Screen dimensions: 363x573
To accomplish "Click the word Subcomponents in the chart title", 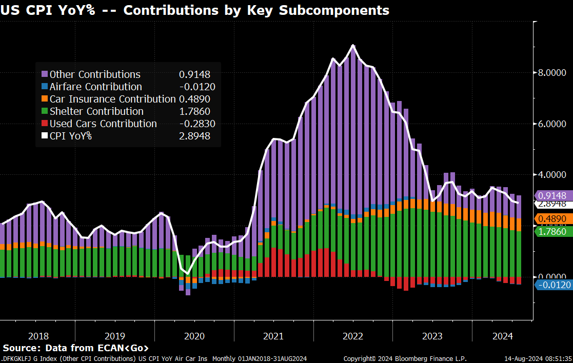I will point(336,10).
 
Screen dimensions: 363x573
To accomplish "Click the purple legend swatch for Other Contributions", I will point(45,74).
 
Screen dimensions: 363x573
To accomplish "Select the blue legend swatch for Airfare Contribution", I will point(45,87).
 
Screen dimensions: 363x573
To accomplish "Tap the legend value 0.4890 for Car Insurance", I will point(194,99).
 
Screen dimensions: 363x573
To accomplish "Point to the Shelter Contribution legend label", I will point(96,111).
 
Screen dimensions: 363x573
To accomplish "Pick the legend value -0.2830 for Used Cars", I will point(194,124).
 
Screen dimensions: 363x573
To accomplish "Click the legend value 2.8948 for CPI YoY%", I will point(194,136).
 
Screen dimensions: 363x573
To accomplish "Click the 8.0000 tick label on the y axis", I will point(552,73).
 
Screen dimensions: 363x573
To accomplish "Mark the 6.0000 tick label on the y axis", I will point(552,124).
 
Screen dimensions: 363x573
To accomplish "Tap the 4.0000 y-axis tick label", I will point(552,175).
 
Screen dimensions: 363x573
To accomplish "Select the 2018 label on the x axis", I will point(38,336).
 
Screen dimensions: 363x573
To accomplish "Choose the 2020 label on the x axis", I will point(194,336).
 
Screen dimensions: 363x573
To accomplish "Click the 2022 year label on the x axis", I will point(352,336).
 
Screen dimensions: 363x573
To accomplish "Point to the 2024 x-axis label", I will point(503,336).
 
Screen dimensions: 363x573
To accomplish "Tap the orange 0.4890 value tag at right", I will point(553,219).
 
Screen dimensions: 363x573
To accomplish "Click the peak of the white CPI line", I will point(353,45).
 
